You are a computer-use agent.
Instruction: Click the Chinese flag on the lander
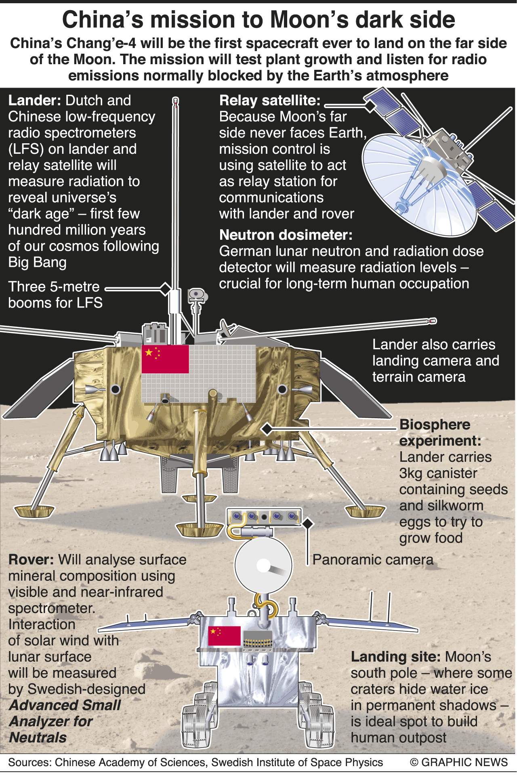tap(165, 359)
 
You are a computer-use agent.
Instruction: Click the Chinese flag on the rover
tap(224, 636)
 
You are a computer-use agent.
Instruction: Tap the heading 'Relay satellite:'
tap(269, 101)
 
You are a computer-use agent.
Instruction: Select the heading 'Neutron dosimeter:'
tap(286, 235)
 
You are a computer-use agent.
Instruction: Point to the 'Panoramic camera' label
tap(372, 560)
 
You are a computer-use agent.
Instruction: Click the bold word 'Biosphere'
tap(435, 425)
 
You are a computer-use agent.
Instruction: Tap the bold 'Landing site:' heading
tap(395, 657)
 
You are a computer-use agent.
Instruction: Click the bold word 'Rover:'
tap(31, 560)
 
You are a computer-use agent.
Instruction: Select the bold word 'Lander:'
tap(34, 101)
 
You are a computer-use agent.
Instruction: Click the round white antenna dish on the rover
tap(263, 565)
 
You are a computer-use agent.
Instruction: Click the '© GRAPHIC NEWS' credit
tap(458, 762)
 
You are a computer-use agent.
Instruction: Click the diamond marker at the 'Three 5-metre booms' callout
tap(165, 288)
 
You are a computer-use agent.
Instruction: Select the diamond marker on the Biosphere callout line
tap(267, 429)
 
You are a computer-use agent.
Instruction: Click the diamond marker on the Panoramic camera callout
tap(308, 524)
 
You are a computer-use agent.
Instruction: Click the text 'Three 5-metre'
tap(54, 287)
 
